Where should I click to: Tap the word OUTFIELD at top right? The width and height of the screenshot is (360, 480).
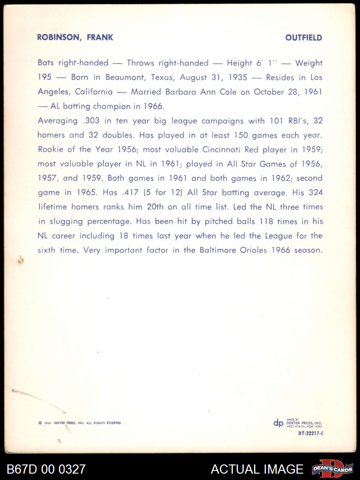[x=304, y=38]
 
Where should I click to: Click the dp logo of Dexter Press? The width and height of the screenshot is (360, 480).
[x=278, y=423]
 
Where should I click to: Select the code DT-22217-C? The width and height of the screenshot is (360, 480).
[x=311, y=433]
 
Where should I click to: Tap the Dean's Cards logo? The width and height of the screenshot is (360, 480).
[x=333, y=469]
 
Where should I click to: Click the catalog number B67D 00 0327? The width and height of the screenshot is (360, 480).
[x=46, y=469]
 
